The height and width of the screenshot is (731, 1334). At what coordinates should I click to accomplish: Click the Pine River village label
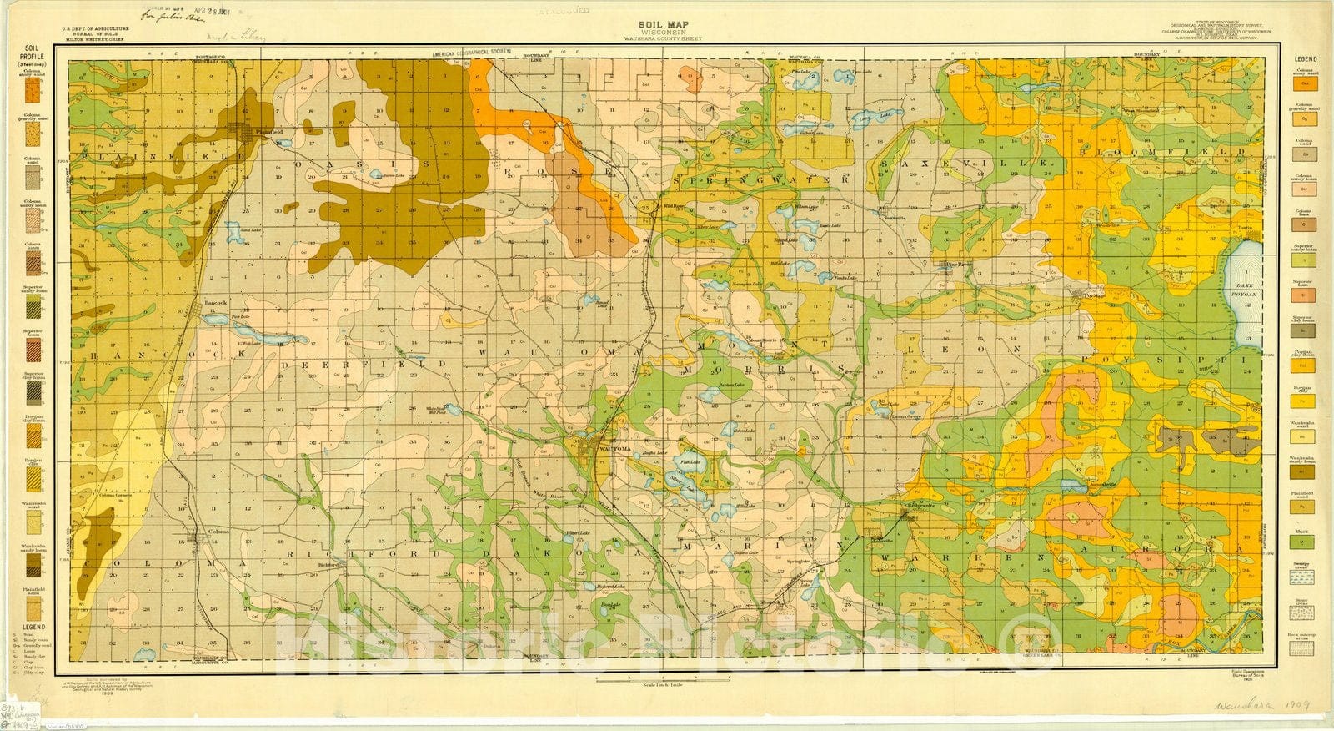click(x=959, y=265)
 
